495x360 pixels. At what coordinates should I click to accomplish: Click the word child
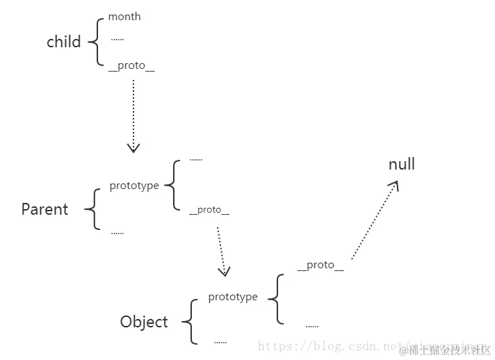click(x=64, y=42)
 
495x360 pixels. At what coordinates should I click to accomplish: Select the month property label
click(x=124, y=17)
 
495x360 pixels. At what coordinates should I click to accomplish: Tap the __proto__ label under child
click(x=131, y=65)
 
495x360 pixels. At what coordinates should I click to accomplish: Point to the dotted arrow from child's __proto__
click(x=133, y=115)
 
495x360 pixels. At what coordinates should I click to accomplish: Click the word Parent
click(x=44, y=209)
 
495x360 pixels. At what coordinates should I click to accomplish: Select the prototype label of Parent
click(x=134, y=186)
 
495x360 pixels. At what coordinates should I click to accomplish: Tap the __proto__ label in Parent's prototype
click(x=209, y=209)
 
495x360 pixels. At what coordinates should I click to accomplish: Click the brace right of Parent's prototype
click(x=171, y=185)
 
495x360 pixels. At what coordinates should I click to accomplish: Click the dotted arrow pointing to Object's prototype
click(x=220, y=250)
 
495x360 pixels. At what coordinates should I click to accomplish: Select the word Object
click(x=144, y=322)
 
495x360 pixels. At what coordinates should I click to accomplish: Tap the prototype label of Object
click(x=233, y=297)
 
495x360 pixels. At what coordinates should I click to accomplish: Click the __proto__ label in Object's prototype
click(x=320, y=265)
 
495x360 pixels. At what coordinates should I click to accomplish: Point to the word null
click(x=402, y=164)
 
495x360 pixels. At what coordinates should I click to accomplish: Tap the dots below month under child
click(x=117, y=40)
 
